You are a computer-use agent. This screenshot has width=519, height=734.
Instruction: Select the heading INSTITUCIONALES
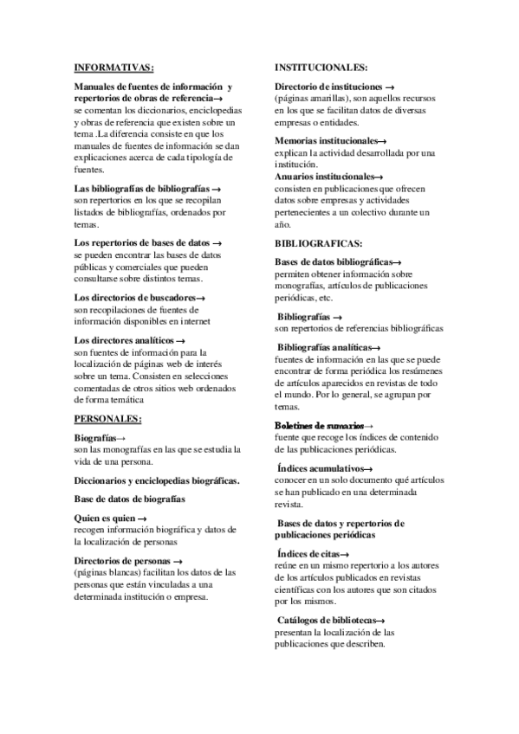pos(321,68)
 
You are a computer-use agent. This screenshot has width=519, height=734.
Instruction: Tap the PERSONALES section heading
pos(107,419)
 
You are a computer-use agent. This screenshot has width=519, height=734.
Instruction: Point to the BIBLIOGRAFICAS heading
pos(318,243)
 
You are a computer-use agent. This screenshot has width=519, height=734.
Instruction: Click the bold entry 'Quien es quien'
pos(105,517)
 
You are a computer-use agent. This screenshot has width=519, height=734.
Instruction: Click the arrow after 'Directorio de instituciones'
pos(391,87)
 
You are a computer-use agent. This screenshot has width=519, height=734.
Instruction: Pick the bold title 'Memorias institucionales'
pos(327,140)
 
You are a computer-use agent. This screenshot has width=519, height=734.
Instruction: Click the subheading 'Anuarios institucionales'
pos(325,176)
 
